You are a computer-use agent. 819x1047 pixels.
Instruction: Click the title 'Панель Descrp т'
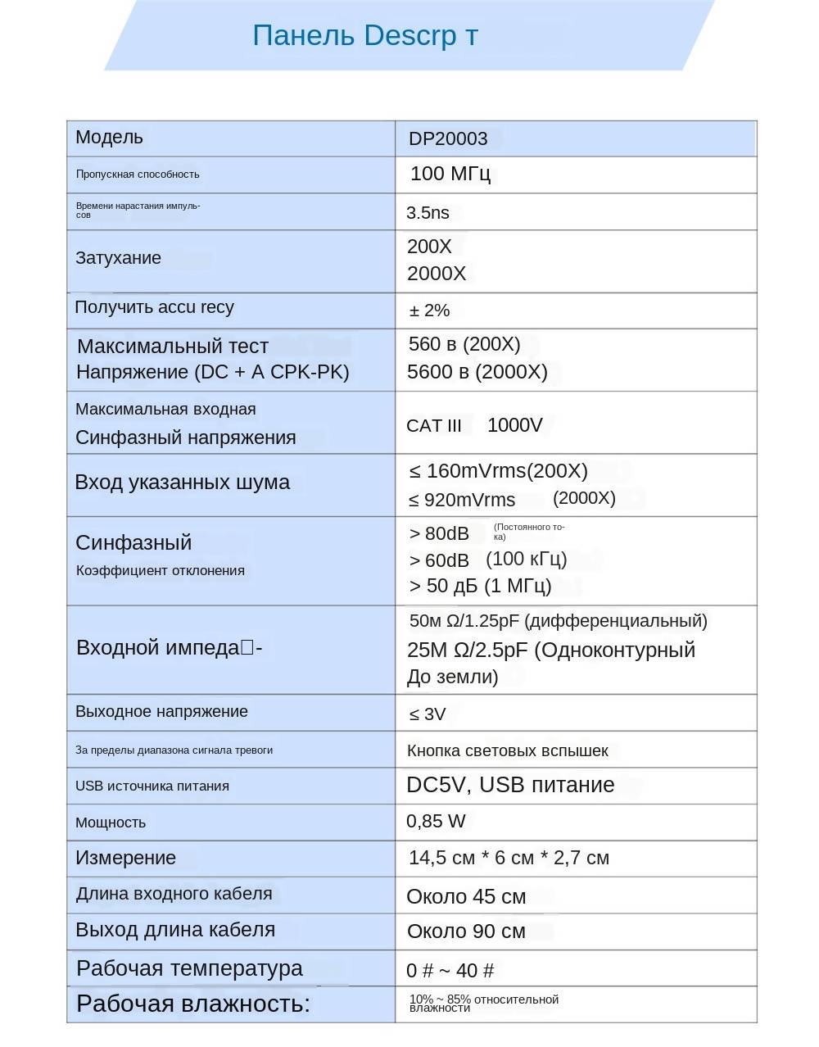pyautogui.click(x=364, y=36)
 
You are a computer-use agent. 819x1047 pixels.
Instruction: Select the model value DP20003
pyautogui.click(x=448, y=139)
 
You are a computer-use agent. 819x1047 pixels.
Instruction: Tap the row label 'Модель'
pyautogui.click(x=109, y=138)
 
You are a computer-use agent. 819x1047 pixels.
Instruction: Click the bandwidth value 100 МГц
pyautogui.click(x=450, y=174)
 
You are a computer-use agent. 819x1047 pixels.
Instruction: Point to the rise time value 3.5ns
pyautogui.click(x=428, y=213)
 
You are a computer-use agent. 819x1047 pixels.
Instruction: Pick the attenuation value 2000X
pyautogui.click(x=436, y=274)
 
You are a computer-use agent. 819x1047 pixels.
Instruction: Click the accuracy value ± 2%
pyautogui.click(x=429, y=310)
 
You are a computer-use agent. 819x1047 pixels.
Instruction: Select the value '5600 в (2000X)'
pyautogui.click(x=477, y=372)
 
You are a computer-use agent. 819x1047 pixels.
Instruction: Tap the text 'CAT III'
pyautogui.click(x=434, y=426)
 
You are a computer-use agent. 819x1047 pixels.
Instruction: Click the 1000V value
pyautogui.click(x=514, y=425)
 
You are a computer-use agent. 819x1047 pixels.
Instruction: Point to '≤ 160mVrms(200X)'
pyautogui.click(x=498, y=471)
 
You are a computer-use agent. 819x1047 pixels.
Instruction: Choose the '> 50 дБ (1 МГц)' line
pyautogui.click(x=480, y=587)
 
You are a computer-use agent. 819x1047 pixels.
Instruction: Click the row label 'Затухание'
pyautogui.click(x=118, y=258)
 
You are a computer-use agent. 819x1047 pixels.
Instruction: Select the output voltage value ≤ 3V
pyautogui.click(x=428, y=714)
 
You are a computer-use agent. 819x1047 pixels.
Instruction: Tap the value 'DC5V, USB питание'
pyautogui.click(x=510, y=785)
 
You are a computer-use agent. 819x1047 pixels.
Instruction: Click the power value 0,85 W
pyautogui.click(x=436, y=822)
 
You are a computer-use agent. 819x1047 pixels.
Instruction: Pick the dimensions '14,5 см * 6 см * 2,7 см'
pyautogui.click(x=509, y=859)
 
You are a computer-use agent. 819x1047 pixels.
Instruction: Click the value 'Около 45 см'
pyautogui.click(x=466, y=897)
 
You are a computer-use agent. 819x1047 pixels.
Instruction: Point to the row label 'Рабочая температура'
pyautogui.click(x=189, y=968)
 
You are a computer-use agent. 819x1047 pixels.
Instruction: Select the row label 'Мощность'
pyautogui.click(x=111, y=823)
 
